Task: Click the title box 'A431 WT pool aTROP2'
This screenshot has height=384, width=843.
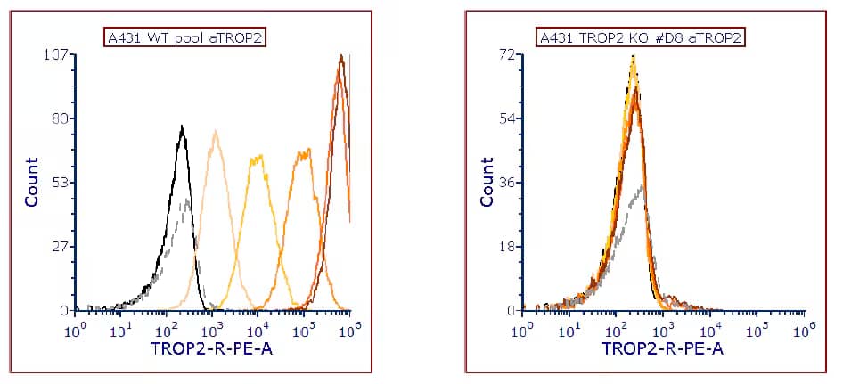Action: [186, 37]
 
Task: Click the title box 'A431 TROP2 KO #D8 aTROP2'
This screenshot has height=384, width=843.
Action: [641, 37]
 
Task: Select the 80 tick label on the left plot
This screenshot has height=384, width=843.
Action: [61, 118]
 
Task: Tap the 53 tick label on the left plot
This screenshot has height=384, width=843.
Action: [61, 183]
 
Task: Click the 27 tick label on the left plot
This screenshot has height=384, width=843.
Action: [61, 247]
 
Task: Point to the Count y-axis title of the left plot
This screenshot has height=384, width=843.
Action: [32, 182]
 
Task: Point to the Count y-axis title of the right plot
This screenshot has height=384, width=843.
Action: [487, 182]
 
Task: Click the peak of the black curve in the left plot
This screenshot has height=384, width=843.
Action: [182, 127]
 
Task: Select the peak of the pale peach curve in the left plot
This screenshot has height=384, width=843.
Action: [216, 132]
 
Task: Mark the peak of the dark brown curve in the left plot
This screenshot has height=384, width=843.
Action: [340, 56]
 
